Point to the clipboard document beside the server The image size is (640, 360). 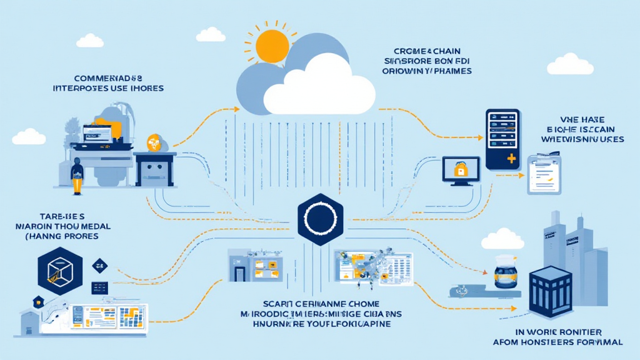pyautogui.click(x=544, y=174)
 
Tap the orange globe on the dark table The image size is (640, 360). pyautogui.click(x=152, y=142)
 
